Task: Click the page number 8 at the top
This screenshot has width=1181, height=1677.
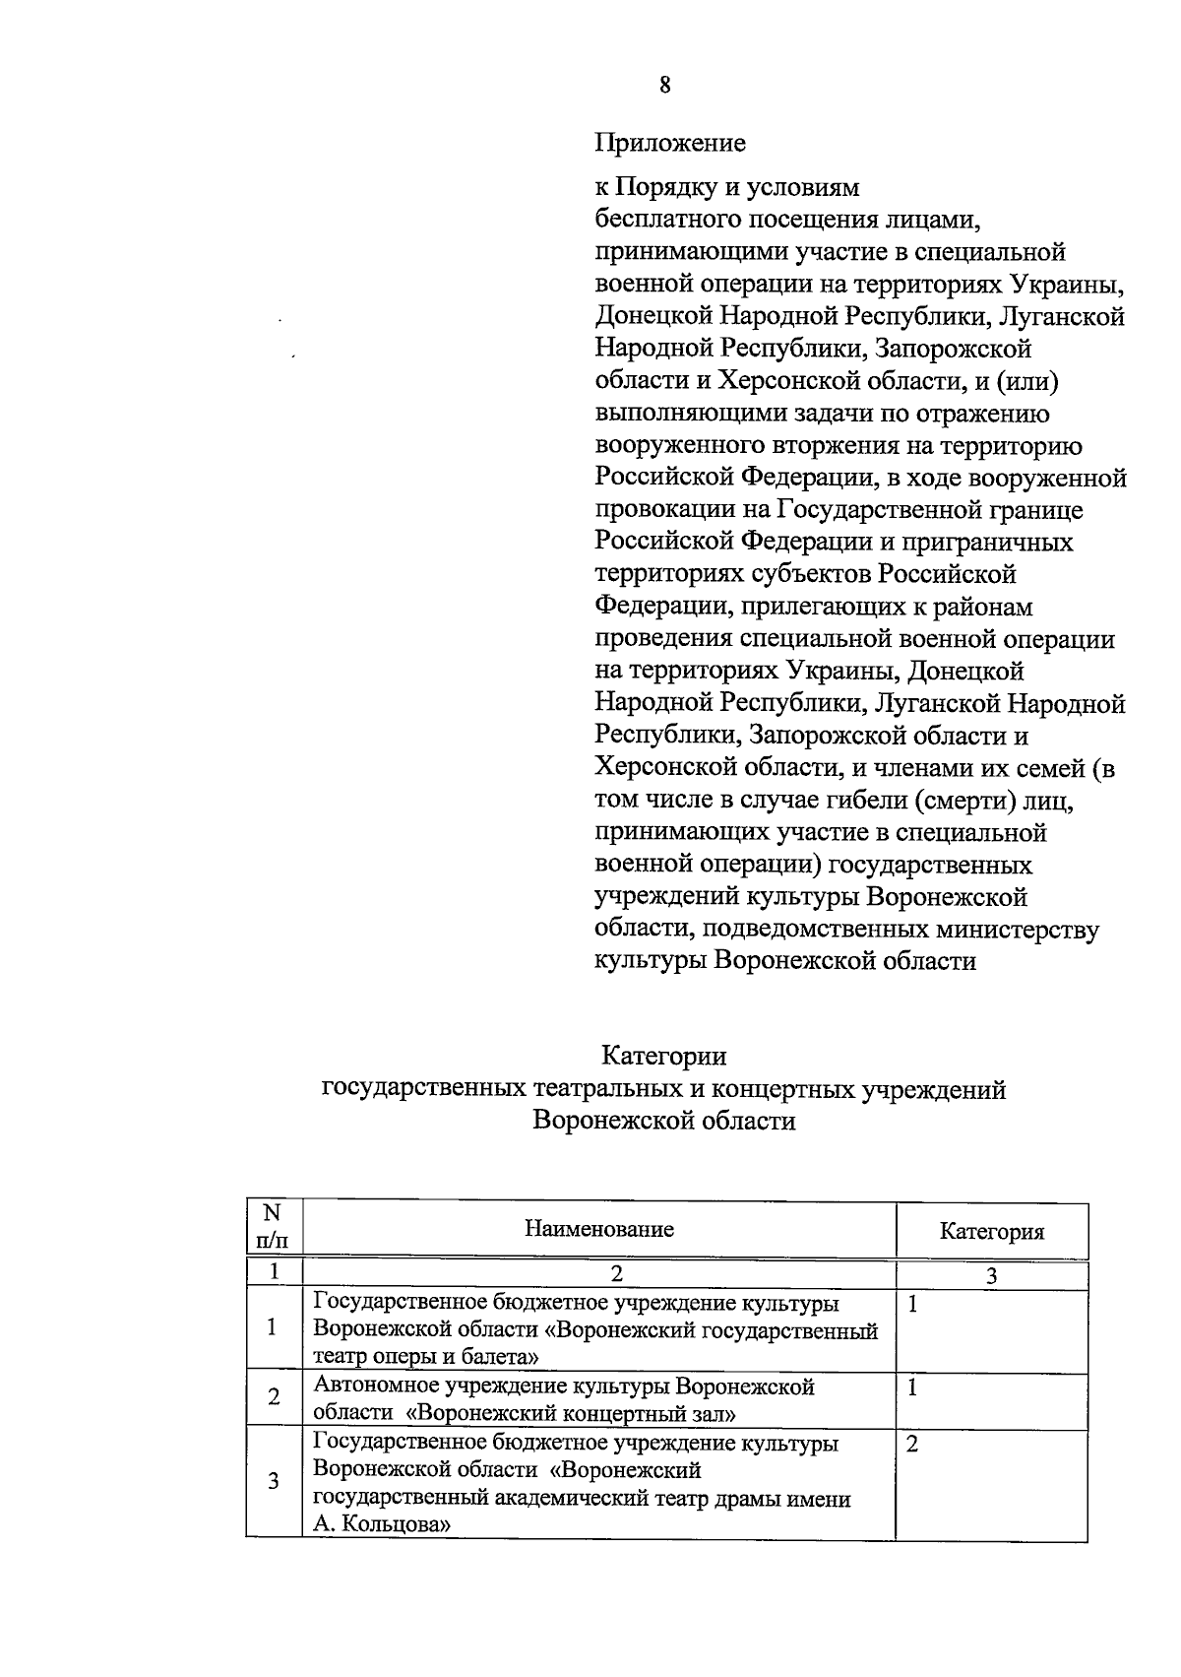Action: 665,85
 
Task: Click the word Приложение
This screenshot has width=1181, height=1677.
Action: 670,144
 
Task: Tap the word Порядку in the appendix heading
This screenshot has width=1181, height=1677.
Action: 665,187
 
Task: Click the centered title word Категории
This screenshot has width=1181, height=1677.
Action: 664,1057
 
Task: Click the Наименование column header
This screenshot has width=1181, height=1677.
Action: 599,1229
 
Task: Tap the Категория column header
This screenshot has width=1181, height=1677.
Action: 992,1232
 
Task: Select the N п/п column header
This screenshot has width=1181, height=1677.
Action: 274,1227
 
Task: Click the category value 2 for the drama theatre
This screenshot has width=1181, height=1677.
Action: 911,1445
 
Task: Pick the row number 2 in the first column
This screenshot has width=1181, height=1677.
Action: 274,1396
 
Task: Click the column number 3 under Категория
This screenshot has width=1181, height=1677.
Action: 992,1276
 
